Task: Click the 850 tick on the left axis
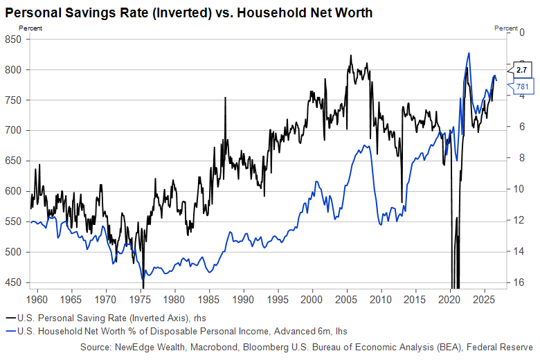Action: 13,39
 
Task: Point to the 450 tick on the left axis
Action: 13,282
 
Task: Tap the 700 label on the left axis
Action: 13,130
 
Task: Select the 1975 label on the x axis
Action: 140,299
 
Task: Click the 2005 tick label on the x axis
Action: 346,299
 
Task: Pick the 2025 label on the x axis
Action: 485,299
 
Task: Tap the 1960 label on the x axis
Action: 37,299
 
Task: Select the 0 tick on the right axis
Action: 522,33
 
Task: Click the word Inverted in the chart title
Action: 179,12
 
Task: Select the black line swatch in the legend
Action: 11,318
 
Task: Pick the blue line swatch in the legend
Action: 11,331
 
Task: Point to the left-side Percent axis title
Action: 30,28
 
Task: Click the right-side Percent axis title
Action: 506,28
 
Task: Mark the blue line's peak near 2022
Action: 469,53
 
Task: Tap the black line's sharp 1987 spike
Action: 225,98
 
